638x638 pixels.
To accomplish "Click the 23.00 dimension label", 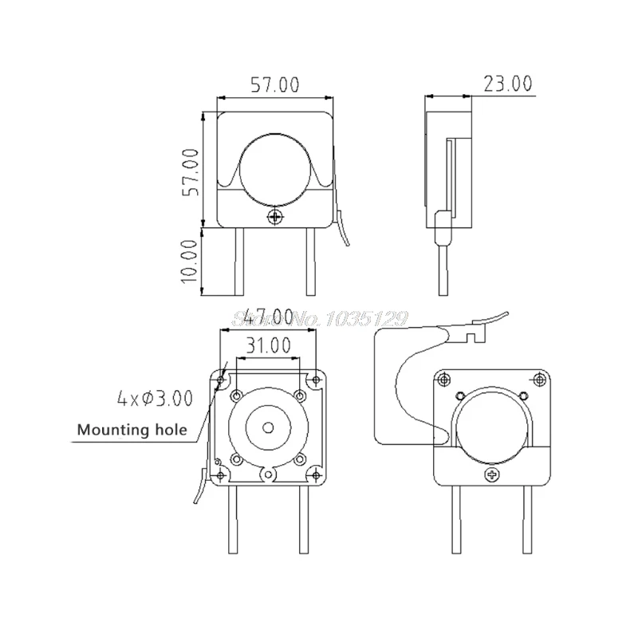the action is click(x=507, y=84).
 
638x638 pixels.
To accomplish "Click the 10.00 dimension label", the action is click(x=190, y=261).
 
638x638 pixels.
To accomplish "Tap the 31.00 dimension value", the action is click(x=269, y=345).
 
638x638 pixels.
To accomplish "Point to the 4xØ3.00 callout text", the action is click(x=155, y=398).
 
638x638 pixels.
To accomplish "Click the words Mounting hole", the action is click(x=132, y=430).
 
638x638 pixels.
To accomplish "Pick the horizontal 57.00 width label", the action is click(x=275, y=85).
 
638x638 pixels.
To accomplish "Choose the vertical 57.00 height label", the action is click(x=191, y=172).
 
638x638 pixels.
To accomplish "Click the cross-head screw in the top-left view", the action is click(x=276, y=216).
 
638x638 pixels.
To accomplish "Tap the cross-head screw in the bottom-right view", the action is click(x=493, y=475).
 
